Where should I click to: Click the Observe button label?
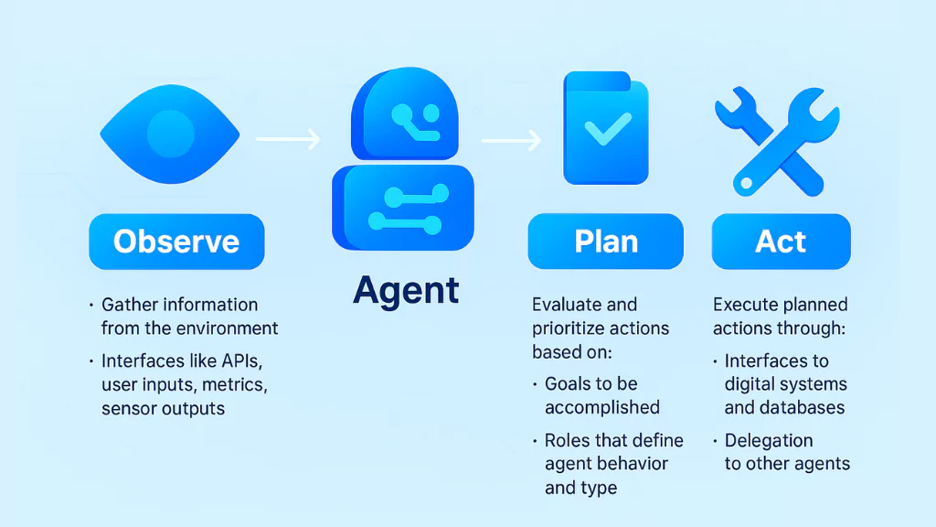[x=176, y=242]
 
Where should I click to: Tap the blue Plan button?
[x=605, y=242]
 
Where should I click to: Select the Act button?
[x=781, y=242]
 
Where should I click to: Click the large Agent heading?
[x=406, y=291]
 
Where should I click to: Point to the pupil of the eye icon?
[x=170, y=134]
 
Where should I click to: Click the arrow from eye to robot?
[x=287, y=139]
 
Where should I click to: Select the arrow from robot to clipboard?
[x=513, y=139]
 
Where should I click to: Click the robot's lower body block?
[x=408, y=208]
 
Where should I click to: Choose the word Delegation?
[x=769, y=441]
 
